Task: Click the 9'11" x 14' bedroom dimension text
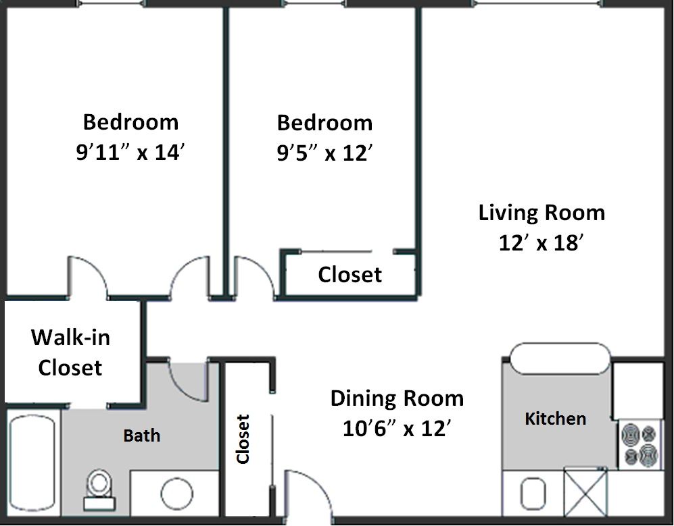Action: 130,153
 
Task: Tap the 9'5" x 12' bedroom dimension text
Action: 324,153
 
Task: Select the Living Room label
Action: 541,213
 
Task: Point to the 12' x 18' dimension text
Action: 541,243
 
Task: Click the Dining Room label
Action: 397,398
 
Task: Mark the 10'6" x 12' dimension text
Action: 397,429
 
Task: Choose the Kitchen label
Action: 555,419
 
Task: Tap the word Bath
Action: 142,436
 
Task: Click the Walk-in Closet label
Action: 70,352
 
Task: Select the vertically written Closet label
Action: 243,439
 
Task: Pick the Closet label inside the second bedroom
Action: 350,275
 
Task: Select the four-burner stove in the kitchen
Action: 639,444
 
